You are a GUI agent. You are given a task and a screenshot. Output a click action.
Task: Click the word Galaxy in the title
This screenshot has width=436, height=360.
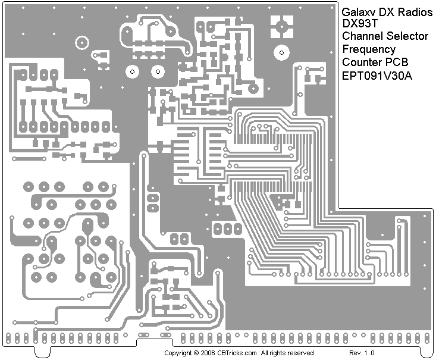coord(356,11)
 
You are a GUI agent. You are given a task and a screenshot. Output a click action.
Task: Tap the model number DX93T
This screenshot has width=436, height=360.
coord(356,24)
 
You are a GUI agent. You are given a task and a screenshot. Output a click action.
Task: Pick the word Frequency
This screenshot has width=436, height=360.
coord(369,49)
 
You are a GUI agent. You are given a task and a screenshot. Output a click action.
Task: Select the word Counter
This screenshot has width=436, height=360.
coord(360,62)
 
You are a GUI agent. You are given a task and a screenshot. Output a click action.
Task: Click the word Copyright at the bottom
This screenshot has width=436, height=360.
coord(178,353)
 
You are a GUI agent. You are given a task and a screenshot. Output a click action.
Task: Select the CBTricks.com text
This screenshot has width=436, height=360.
coord(237,353)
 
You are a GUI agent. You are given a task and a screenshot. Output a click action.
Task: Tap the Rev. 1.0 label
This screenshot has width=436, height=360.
coord(362,353)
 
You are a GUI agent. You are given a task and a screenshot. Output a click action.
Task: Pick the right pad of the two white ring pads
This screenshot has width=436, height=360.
coord(158,72)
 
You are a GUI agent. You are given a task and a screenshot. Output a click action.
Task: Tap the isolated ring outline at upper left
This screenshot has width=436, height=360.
coord(81,42)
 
